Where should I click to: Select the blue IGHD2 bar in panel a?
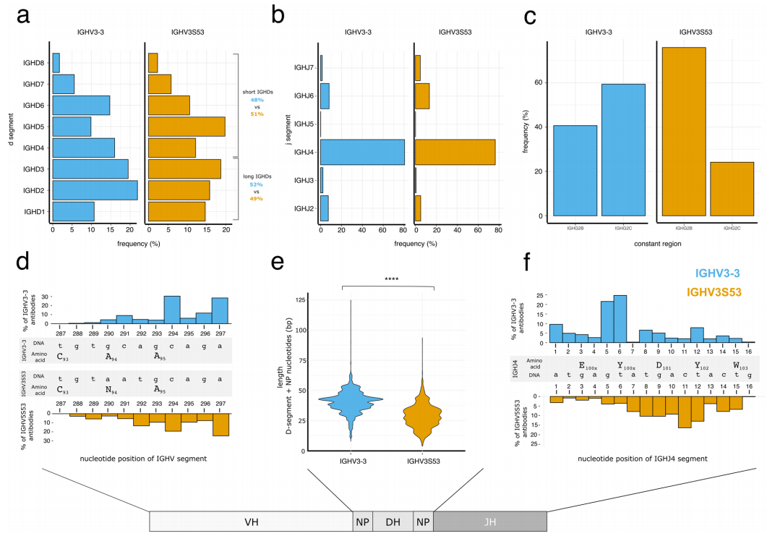point(95,190)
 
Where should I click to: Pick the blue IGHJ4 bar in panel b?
point(362,152)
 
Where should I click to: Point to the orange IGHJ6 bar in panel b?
point(422,96)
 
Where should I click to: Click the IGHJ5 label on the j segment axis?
point(304,124)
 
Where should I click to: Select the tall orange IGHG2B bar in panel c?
point(683,132)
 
